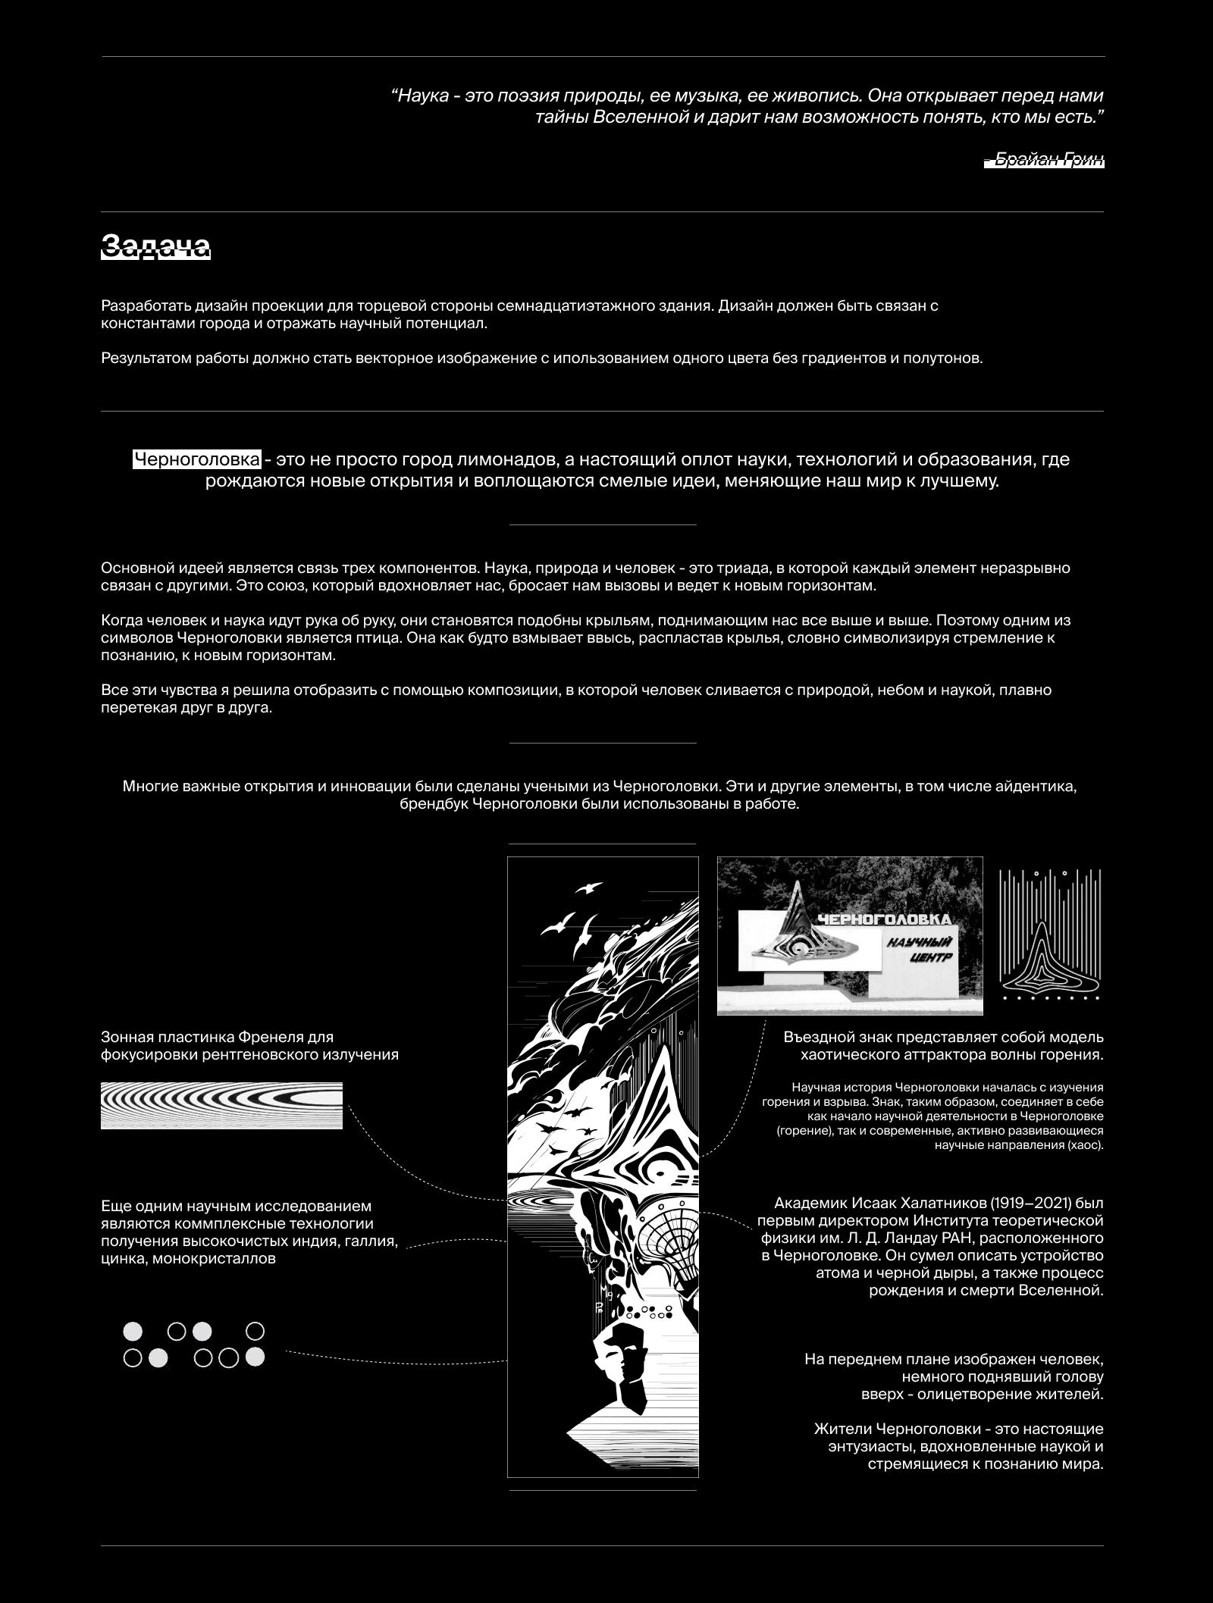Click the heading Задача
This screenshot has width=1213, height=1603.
click(x=155, y=246)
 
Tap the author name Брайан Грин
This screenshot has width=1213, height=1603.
click(x=1044, y=159)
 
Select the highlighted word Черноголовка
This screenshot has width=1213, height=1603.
click(x=197, y=459)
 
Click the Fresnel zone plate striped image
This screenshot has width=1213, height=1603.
click(x=221, y=1105)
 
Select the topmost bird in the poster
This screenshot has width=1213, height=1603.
click(x=590, y=887)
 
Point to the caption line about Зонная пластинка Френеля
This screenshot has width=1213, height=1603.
click(x=218, y=1037)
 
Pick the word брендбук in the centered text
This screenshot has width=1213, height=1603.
click(x=433, y=804)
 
